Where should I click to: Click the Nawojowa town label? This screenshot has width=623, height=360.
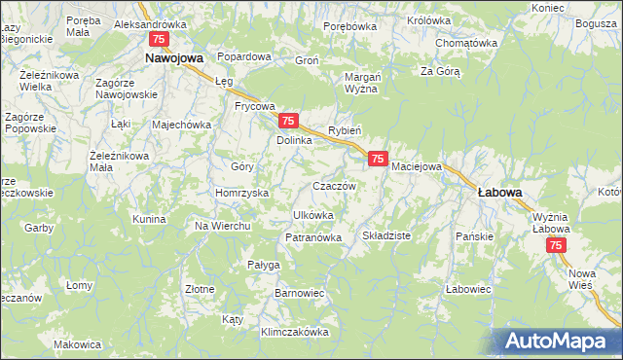[172, 58]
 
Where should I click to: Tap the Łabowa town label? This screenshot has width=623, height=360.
[499, 193]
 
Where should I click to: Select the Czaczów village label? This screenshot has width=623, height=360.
[334, 185]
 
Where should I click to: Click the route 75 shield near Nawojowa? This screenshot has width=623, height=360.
[159, 39]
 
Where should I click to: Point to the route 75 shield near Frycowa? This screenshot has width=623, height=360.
[287, 121]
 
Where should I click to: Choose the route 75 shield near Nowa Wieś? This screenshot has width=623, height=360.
[556, 247]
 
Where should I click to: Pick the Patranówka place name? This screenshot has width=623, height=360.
[312, 237]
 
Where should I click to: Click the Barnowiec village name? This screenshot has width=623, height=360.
[300, 292]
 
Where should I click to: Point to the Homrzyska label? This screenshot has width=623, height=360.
[241, 193]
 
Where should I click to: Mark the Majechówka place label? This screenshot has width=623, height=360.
[181, 125]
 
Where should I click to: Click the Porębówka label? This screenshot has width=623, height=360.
[349, 26]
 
